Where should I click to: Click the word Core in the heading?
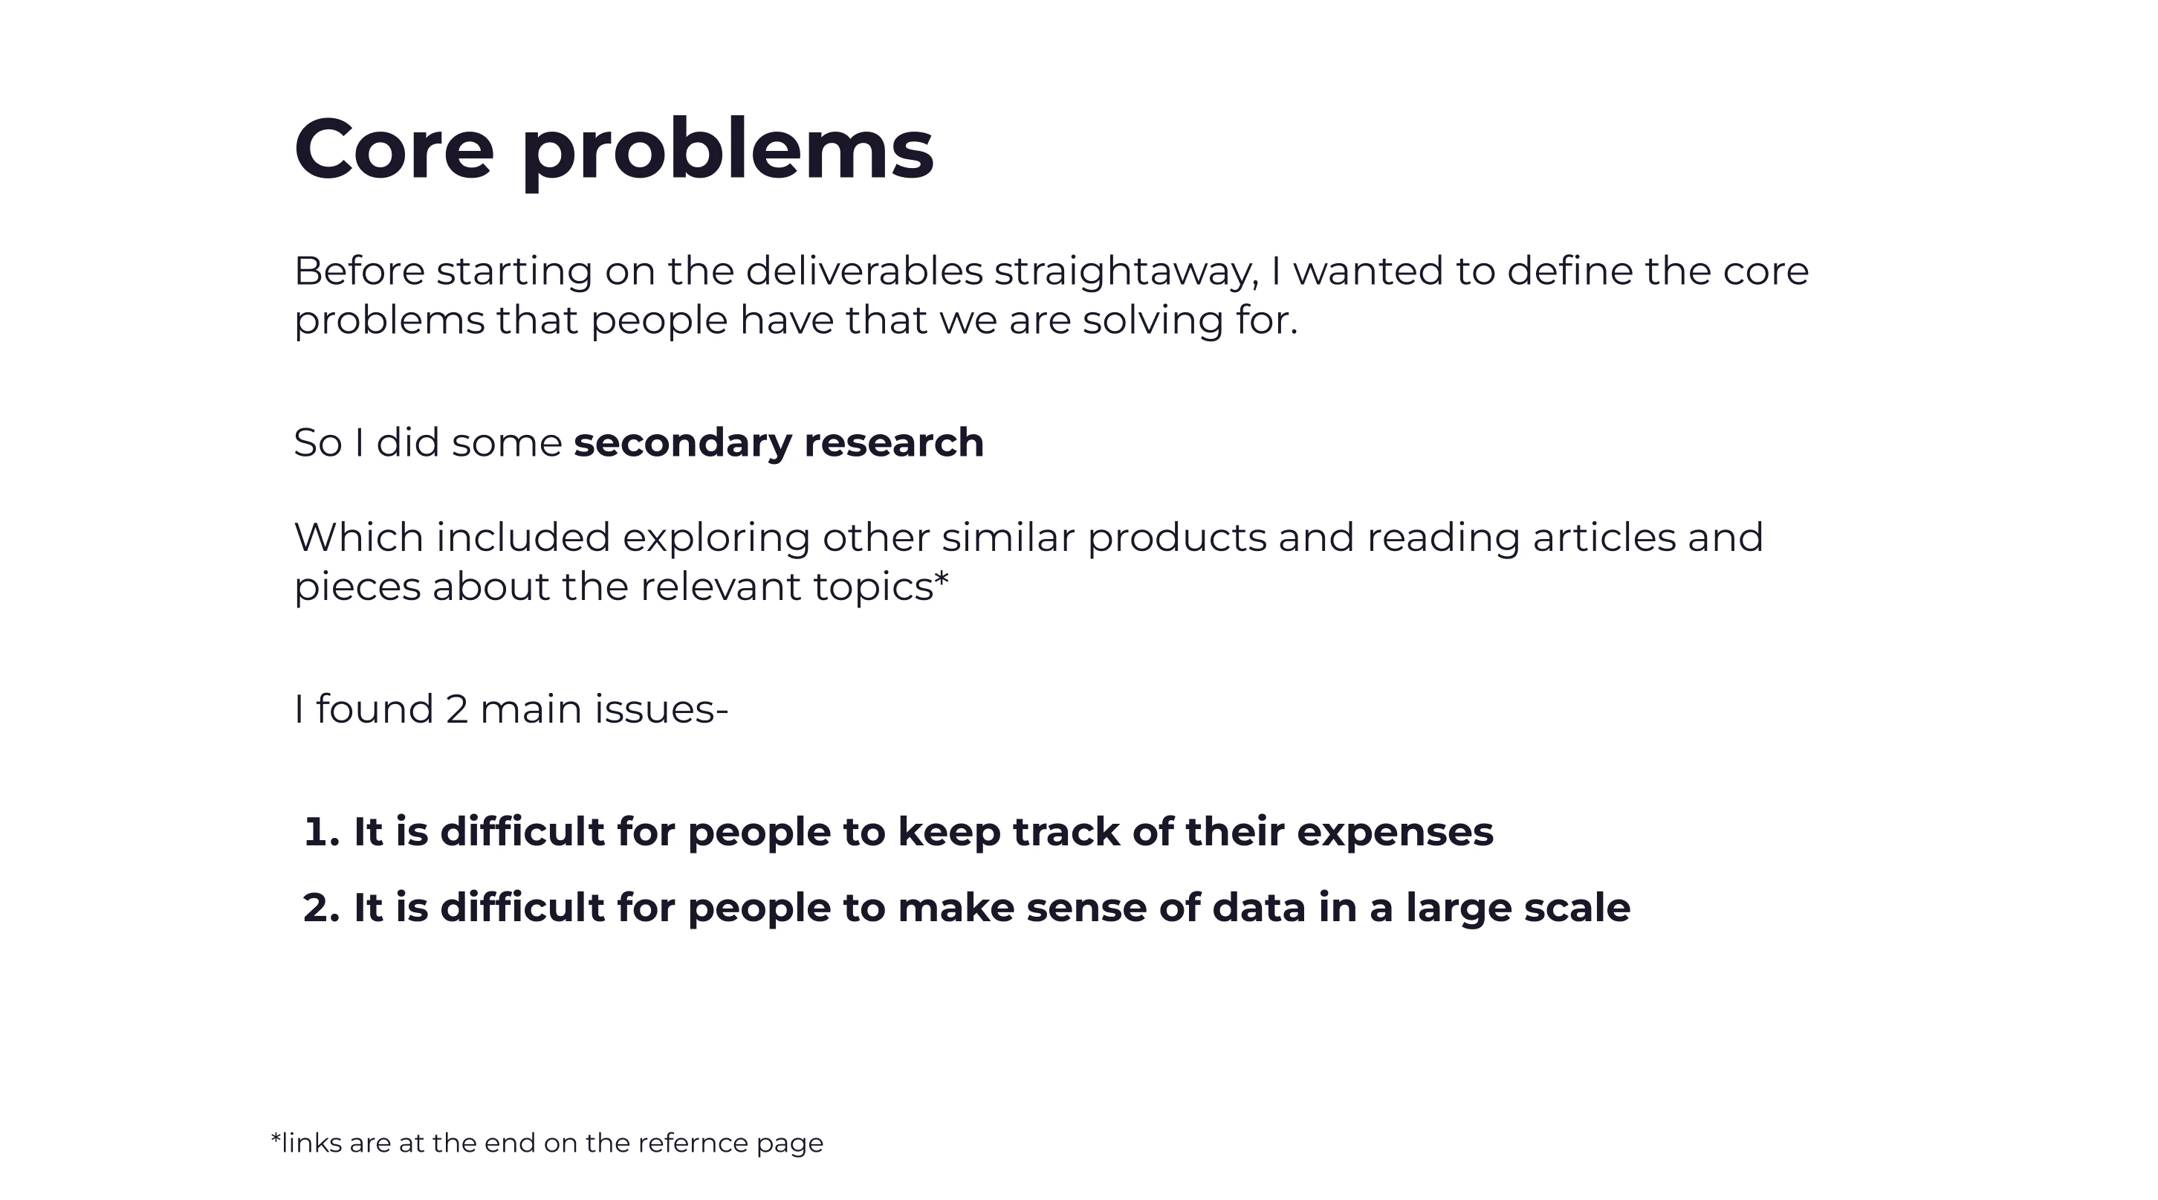(x=394, y=149)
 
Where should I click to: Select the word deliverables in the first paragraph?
(x=863, y=271)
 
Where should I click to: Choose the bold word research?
(x=893, y=442)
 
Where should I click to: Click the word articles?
(x=1604, y=537)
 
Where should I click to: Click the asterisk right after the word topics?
(x=942, y=578)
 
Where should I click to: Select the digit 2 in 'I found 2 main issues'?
(x=456, y=709)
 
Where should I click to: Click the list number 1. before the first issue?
(x=322, y=832)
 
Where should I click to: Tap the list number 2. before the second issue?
(x=322, y=908)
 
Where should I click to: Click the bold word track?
(x=1066, y=831)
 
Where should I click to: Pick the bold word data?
(x=1258, y=908)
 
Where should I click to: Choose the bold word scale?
(x=1577, y=908)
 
